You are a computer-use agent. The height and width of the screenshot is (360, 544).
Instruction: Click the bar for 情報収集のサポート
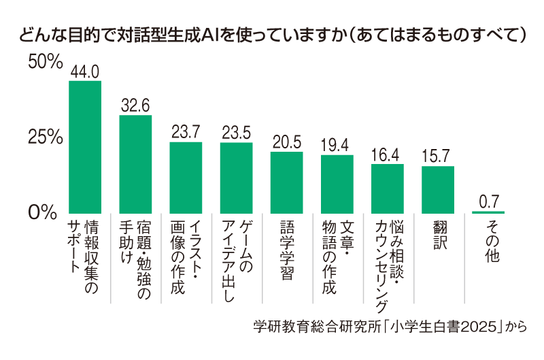(x=85, y=146)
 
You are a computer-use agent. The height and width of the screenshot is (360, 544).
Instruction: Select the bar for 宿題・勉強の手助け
(x=135, y=163)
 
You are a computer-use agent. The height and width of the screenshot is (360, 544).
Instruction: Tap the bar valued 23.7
(x=186, y=177)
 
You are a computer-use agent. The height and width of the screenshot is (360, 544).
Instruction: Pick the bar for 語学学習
(x=286, y=182)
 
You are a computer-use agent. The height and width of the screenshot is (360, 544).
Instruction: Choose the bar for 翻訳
(x=437, y=189)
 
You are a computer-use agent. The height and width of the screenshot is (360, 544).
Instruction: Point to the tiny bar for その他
(x=488, y=212)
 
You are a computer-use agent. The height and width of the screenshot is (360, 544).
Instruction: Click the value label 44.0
(x=85, y=71)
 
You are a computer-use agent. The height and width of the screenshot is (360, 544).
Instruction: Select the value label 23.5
(x=236, y=133)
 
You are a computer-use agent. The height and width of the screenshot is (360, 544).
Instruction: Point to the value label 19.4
(x=337, y=146)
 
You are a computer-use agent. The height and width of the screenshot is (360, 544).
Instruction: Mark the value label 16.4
(x=387, y=154)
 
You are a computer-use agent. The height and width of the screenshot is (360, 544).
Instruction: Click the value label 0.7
(x=488, y=201)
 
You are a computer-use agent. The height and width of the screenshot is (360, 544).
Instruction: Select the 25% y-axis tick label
(x=46, y=137)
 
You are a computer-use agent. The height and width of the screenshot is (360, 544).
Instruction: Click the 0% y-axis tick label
(x=41, y=212)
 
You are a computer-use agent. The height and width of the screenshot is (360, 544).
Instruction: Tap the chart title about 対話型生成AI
(x=272, y=34)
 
